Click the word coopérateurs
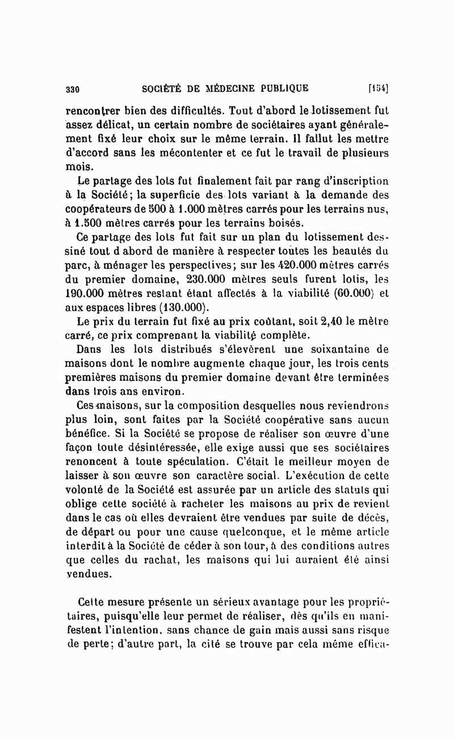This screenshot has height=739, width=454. click(102, 210)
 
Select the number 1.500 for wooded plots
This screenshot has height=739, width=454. click(94, 223)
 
